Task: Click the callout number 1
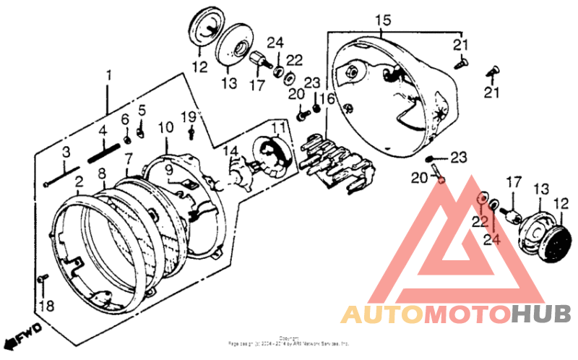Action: [109, 75]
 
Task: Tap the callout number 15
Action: [383, 19]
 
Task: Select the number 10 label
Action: [165, 127]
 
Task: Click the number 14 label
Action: [230, 150]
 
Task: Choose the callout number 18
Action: [47, 307]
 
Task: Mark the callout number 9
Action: [168, 171]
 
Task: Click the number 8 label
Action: [102, 173]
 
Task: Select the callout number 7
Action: [128, 158]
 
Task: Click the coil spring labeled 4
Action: [103, 153]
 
